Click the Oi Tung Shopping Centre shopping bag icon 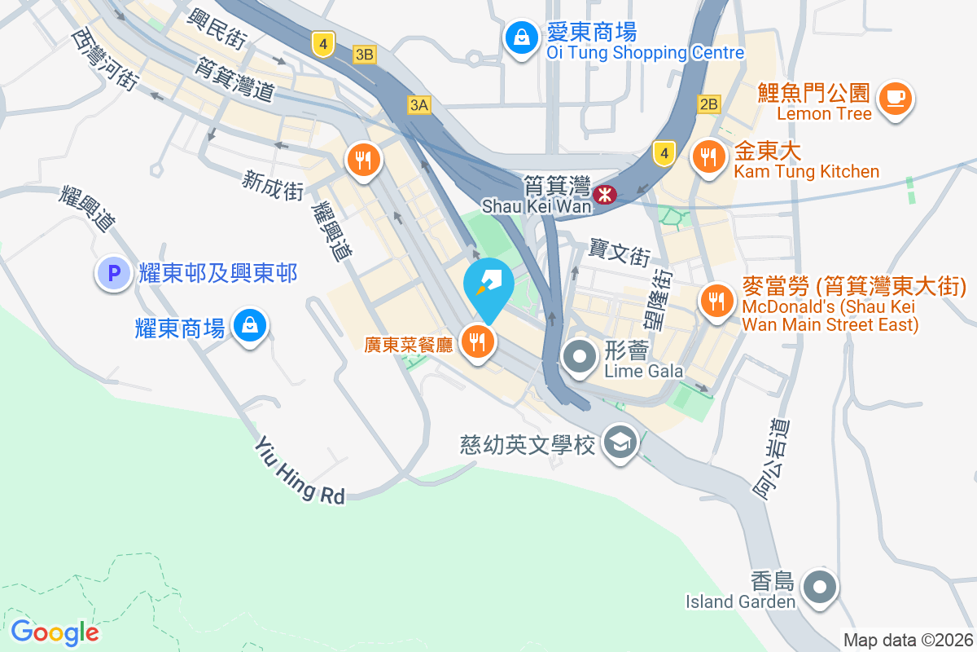tap(519, 37)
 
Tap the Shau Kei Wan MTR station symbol tap(604, 195)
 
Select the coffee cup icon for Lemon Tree tap(895, 98)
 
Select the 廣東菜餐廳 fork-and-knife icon tap(476, 341)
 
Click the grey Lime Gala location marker tap(580, 356)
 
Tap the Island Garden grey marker tap(818, 587)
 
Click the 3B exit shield tap(366, 55)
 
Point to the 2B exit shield tap(708, 104)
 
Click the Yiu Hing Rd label tap(300, 471)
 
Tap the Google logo tap(55, 632)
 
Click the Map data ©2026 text tap(907, 641)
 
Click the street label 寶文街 tap(620, 253)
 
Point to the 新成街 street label tap(272, 185)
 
